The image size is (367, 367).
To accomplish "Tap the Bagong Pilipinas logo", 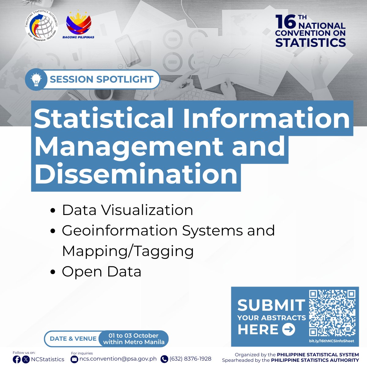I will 79,25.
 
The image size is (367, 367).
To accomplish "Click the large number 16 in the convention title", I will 285,22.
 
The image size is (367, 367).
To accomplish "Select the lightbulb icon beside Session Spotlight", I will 36,80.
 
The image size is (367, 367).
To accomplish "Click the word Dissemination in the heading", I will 136,174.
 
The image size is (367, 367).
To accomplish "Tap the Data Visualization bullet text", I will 128,210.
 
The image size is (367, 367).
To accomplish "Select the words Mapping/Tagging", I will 128,251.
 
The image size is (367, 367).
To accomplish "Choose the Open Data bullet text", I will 102,272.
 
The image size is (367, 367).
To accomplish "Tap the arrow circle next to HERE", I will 288,330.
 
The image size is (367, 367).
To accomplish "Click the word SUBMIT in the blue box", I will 271,305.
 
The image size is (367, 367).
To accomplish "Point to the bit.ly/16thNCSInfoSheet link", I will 332,341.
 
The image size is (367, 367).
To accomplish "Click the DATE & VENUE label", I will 73,339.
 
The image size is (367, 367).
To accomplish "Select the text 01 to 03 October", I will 134,335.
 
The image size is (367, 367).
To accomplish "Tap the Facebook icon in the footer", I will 17,359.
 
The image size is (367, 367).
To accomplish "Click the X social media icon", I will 26,359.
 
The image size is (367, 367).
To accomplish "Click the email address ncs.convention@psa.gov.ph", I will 118,359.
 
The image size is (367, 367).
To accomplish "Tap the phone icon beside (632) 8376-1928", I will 164,359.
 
